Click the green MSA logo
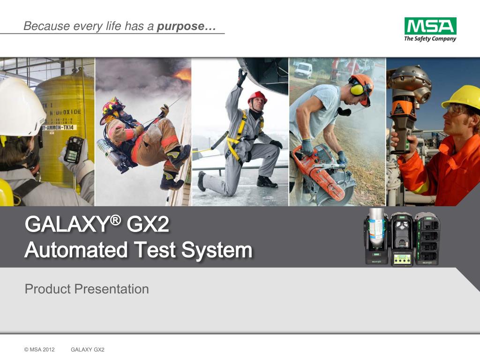click(430, 26)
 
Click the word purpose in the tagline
click(180, 26)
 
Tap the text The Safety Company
click(430, 38)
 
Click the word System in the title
click(217, 250)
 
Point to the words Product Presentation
click(87, 289)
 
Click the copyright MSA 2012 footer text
click(39, 350)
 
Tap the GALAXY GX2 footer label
click(88, 350)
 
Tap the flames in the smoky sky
click(183, 75)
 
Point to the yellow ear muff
click(357, 89)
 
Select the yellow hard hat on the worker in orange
click(462, 97)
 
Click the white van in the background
click(303, 70)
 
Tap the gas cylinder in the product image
click(377, 228)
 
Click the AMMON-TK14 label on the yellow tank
click(58, 127)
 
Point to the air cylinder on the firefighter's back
click(109, 153)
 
